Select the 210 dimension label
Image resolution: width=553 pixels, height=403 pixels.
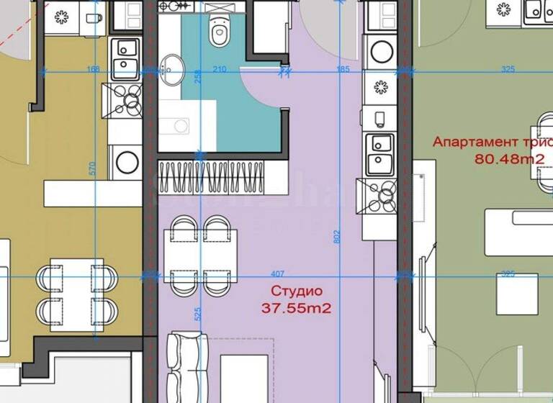click(x=220, y=69)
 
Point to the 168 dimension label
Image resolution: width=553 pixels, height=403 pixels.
click(x=93, y=69)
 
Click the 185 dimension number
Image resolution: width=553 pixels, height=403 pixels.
click(x=343, y=69)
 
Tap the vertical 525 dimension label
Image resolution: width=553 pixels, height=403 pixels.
click(x=197, y=314)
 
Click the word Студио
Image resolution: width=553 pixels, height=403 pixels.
click(x=297, y=291)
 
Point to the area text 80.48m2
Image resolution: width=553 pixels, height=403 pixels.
click(x=509, y=159)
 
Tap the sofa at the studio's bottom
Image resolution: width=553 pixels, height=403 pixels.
click(x=185, y=367)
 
